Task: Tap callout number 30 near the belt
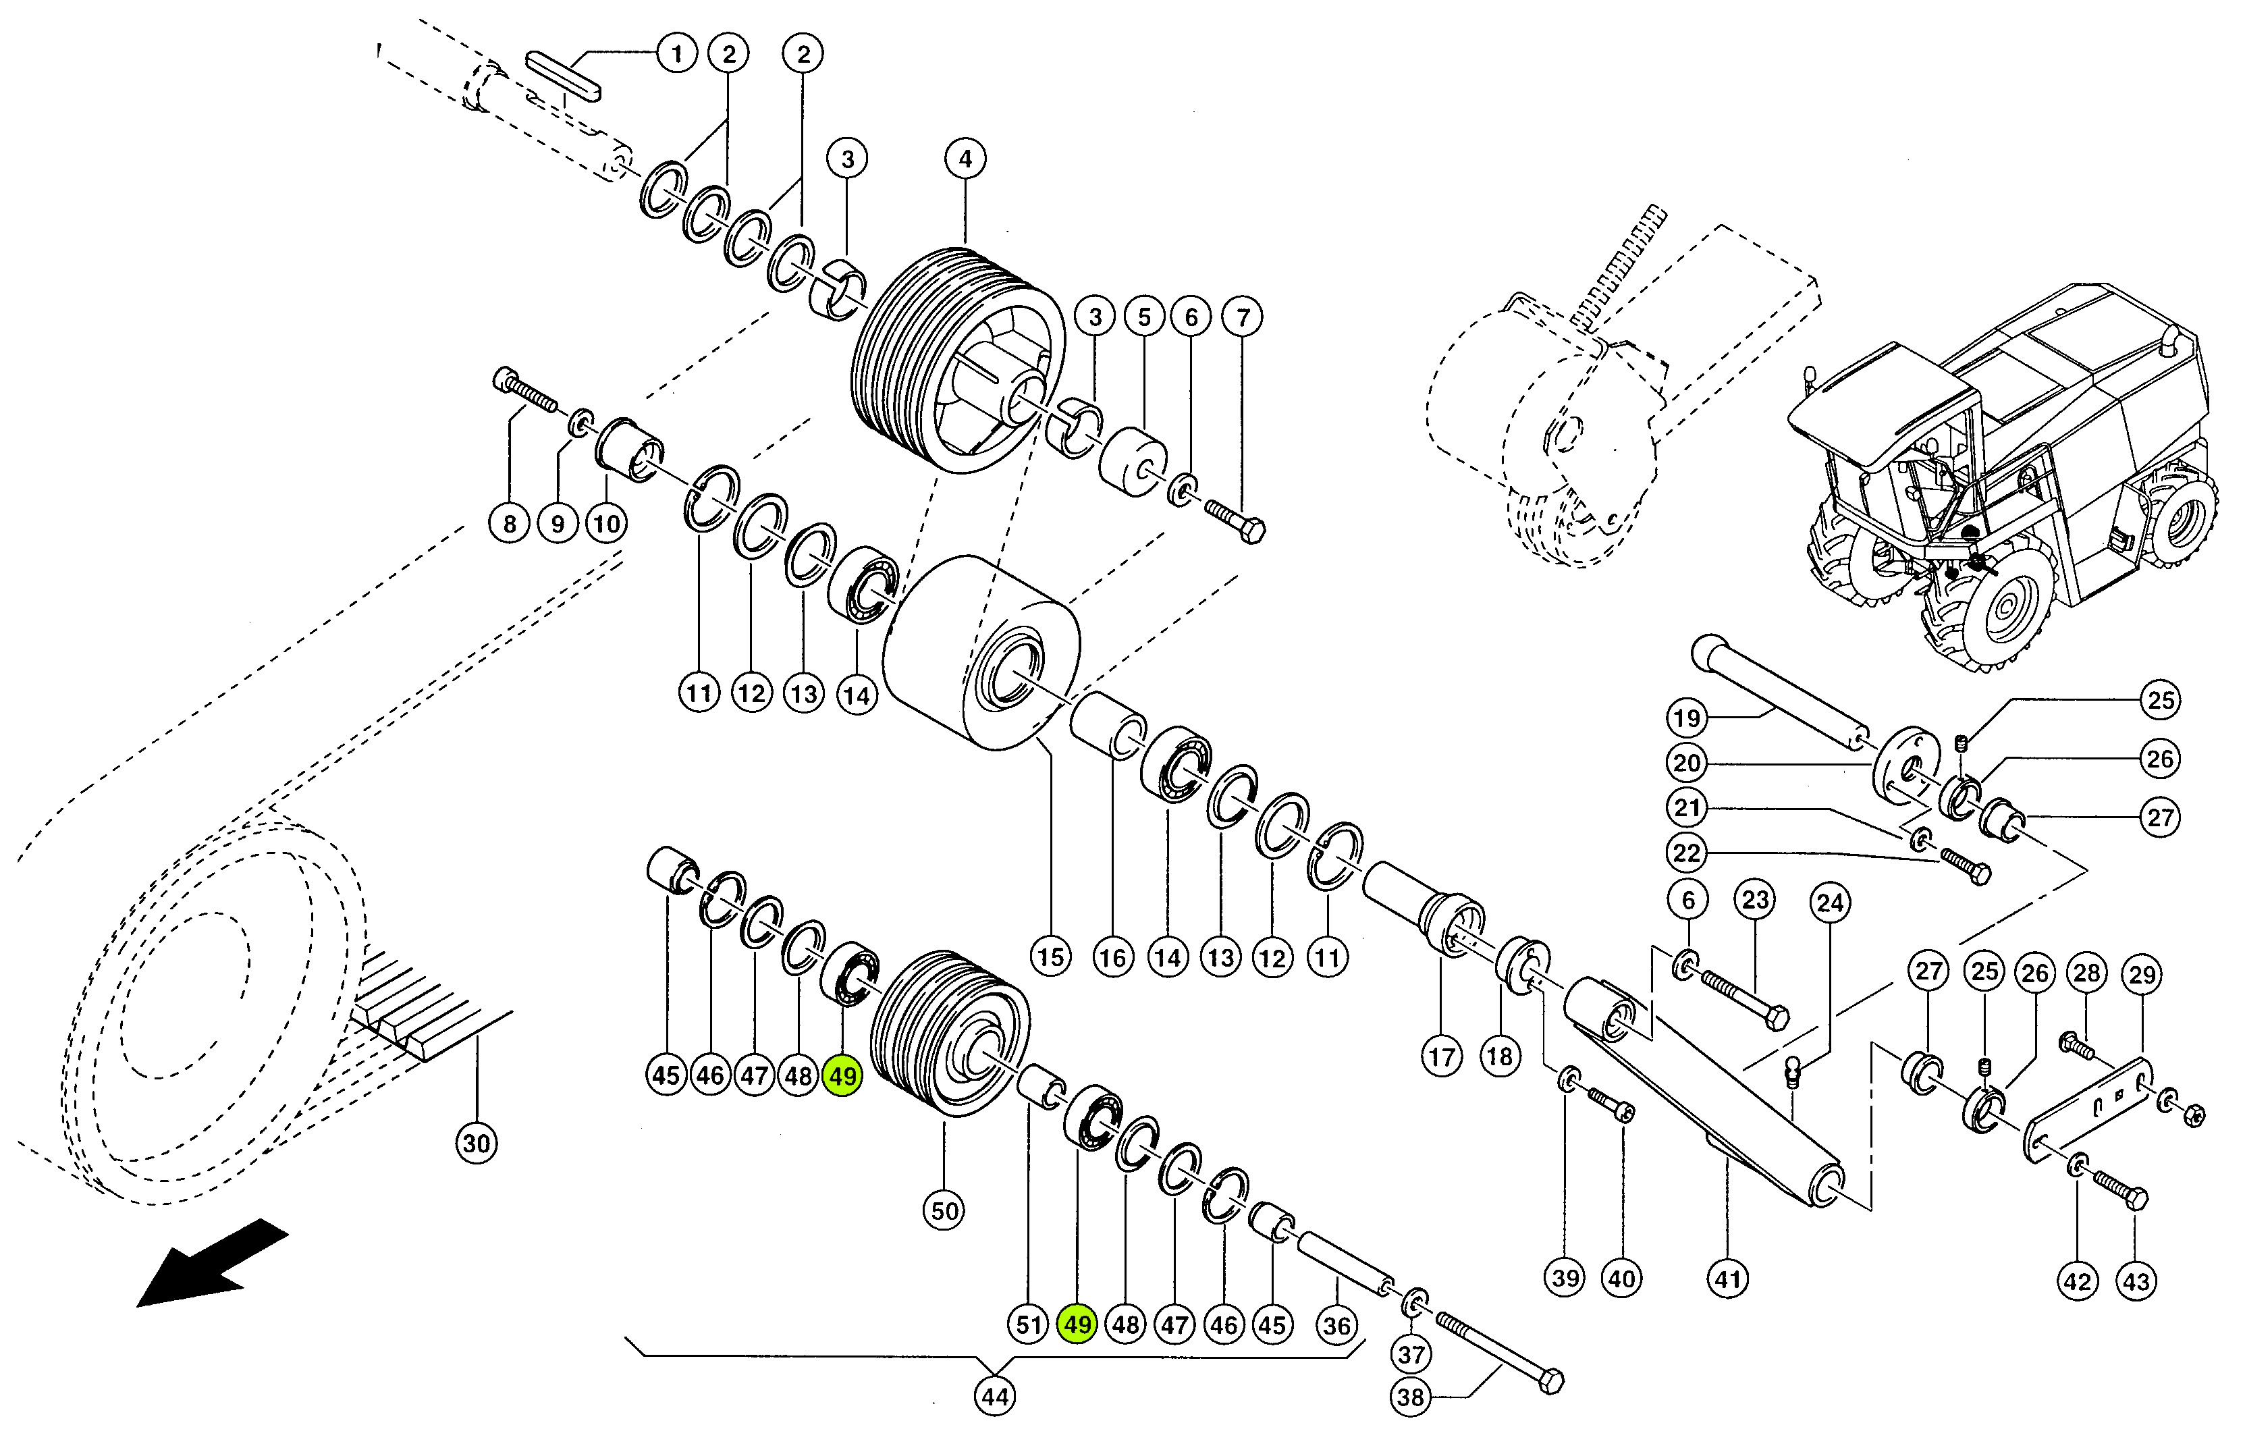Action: [477, 1143]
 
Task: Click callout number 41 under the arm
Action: [1727, 1279]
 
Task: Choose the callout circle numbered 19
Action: [1687, 718]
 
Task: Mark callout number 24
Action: [1830, 903]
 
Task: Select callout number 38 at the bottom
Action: [1410, 1397]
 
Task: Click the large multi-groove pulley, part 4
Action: [955, 362]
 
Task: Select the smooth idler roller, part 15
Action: [979, 653]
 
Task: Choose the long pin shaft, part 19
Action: [1779, 692]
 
